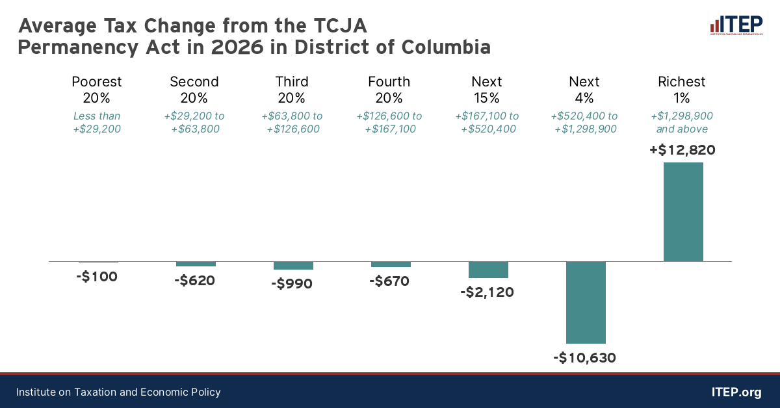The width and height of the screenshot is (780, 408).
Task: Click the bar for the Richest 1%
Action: pos(683,212)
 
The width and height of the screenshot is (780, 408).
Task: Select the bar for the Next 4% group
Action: pos(586,302)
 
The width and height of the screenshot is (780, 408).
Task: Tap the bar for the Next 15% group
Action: pos(488,270)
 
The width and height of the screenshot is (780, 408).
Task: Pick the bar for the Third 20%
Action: pos(293,266)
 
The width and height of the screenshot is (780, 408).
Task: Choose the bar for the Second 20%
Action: pos(196,264)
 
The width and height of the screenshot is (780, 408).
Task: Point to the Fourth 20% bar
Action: pos(391,264)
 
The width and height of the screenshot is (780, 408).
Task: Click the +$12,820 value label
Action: pos(682,150)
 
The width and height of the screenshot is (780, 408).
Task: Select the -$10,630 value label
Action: pos(584,358)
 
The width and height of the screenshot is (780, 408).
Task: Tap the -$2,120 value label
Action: pos(487,292)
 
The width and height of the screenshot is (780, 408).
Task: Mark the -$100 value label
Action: pos(97,277)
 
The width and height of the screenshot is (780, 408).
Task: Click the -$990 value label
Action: pos(292,284)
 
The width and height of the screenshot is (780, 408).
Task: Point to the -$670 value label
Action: pos(389,281)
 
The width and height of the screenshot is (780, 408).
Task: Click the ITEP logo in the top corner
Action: pos(736,25)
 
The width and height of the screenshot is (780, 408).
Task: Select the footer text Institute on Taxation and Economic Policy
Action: pos(118,392)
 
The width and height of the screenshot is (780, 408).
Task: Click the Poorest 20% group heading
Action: pos(97,90)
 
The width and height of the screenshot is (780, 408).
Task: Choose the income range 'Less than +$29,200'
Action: pos(97,122)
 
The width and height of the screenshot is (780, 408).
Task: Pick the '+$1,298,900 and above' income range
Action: pos(682,122)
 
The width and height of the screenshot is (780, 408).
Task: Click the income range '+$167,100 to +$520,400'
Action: pos(487,122)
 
